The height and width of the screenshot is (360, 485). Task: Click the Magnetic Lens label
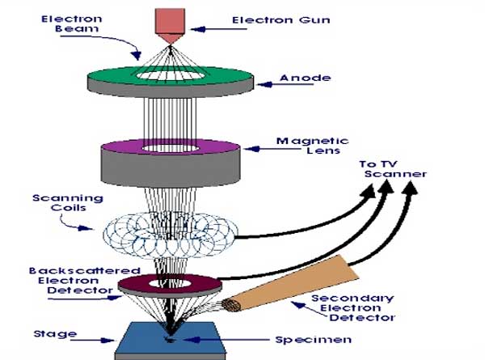tap(302, 146)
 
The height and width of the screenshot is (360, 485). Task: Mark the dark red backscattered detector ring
tap(137, 283)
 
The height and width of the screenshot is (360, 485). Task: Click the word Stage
tap(61, 333)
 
